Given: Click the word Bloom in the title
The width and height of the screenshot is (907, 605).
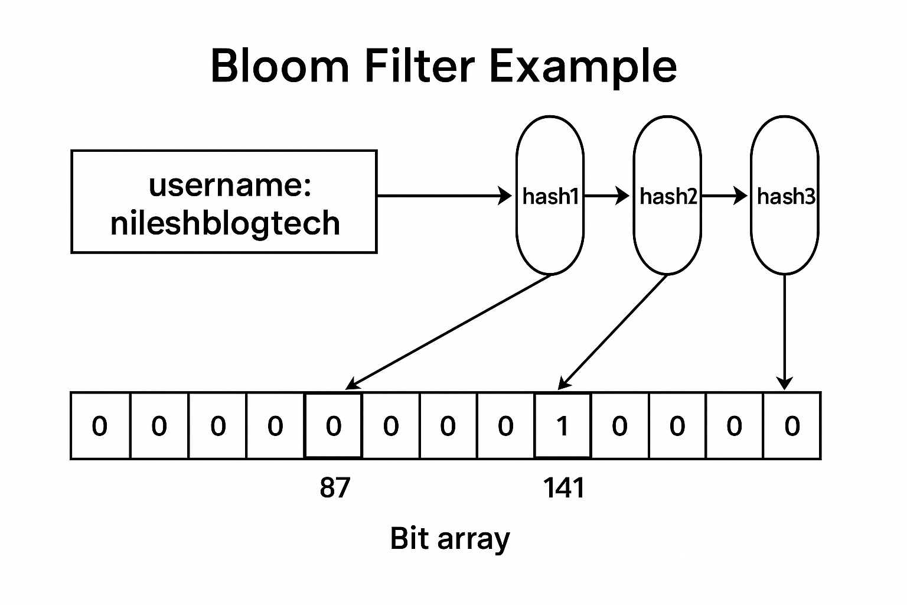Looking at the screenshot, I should point(280,66).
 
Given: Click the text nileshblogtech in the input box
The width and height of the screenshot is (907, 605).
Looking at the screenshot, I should point(225,223).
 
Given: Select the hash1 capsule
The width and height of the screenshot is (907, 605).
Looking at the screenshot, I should point(550,196).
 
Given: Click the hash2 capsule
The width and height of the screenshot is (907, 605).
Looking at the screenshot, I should point(667,196).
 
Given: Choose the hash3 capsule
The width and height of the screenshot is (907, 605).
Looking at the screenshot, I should point(785,196).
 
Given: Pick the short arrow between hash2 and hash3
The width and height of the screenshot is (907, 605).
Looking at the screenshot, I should point(724,196).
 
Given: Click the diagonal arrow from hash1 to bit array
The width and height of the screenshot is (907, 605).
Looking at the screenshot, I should point(449,332).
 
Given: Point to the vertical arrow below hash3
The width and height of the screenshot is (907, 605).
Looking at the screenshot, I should point(784,331).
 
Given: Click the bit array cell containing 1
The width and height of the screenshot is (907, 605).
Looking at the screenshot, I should point(562,425).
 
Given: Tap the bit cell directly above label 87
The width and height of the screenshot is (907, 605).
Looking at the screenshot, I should point(333,425).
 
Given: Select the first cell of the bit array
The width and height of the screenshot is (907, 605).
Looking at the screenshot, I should point(100,425).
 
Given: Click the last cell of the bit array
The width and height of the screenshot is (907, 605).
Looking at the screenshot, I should point(792,425).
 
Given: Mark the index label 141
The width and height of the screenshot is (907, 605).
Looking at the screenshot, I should point(563,488).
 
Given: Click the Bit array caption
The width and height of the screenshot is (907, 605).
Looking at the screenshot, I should point(450,539).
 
